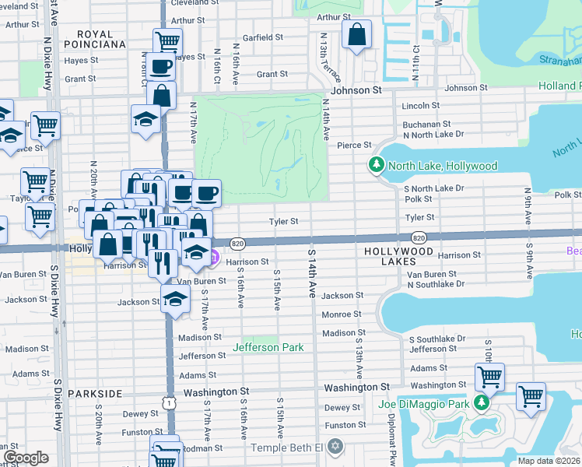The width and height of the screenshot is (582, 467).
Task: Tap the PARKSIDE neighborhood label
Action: pos(95,394)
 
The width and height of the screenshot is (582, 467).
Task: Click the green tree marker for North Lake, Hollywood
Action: pos(376,165)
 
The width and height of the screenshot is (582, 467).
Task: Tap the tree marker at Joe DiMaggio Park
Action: pos(482,403)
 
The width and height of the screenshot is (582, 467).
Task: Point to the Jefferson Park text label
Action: pos(267,347)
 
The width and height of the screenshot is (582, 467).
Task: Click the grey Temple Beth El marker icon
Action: pos(335,447)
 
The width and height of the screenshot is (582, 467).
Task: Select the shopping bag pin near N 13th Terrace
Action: pos(356,36)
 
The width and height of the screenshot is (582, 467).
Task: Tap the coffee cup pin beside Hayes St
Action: pos(162,68)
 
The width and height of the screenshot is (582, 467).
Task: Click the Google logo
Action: pos(26,457)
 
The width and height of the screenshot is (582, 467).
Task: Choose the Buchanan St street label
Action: pos(426,124)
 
